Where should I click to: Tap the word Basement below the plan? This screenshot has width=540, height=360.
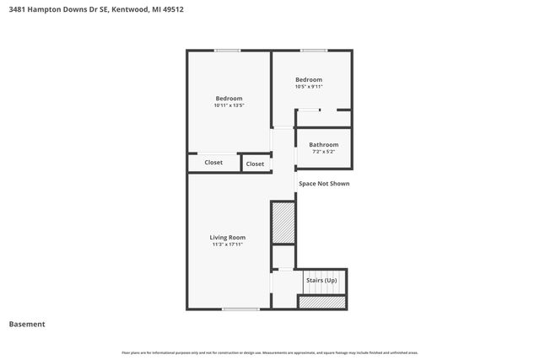point(27,324)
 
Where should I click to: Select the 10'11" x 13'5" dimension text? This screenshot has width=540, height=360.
point(229,105)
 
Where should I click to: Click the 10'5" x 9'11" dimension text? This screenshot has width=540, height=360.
point(309,87)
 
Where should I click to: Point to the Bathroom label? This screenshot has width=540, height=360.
point(323,144)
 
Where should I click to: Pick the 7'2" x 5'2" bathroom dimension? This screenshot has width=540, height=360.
point(323,152)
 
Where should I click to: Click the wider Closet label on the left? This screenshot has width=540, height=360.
point(213,162)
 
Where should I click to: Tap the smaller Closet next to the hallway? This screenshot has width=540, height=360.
point(255,164)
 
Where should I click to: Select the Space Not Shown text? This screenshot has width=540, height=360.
point(324,183)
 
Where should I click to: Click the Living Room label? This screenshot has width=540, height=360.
point(228,237)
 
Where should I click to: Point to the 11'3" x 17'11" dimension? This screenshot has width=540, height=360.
point(228,244)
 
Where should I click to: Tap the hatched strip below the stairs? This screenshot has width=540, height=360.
point(321,301)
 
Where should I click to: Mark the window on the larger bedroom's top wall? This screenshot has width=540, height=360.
point(228,51)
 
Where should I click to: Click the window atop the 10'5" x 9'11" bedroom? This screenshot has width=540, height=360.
point(314,51)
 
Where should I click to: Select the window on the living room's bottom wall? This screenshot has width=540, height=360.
point(240,309)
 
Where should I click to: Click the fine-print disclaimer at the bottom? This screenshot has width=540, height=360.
point(270,352)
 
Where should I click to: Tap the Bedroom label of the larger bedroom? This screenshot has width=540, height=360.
point(229,98)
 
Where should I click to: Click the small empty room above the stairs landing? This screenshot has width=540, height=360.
point(283,256)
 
